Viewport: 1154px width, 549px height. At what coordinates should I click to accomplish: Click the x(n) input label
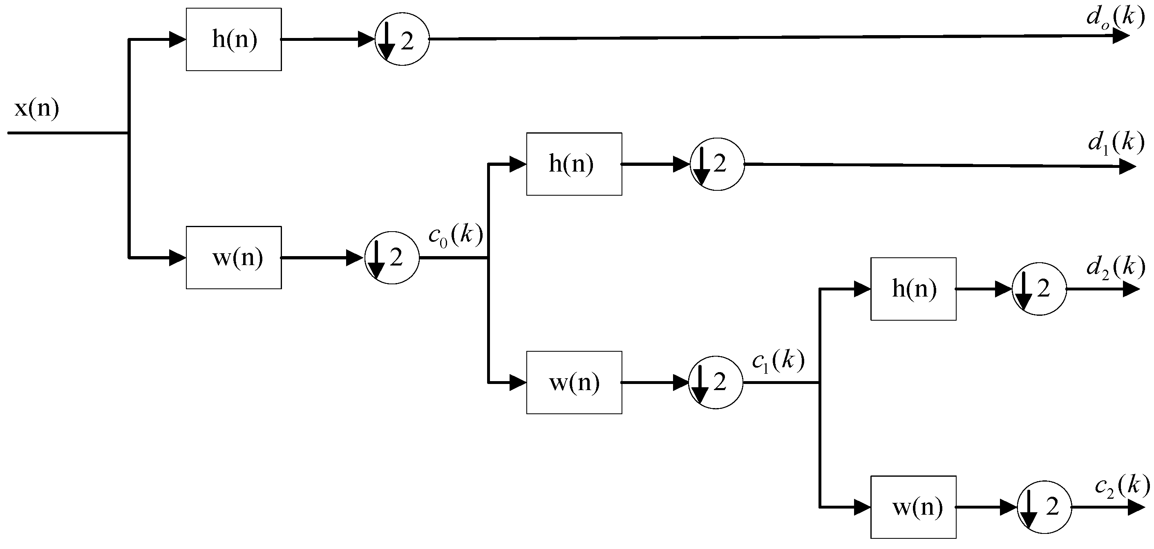click(37, 108)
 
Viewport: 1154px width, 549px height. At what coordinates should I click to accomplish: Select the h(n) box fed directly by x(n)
click(234, 39)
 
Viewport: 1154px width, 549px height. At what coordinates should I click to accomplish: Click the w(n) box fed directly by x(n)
click(234, 258)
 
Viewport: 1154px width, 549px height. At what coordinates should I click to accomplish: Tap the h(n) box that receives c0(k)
click(574, 164)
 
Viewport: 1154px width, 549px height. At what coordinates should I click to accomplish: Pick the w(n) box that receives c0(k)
click(574, 382)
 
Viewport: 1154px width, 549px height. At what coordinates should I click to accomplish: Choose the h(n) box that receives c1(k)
click(913, 289)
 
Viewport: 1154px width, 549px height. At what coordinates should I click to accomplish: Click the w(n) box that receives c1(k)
click(913, 507)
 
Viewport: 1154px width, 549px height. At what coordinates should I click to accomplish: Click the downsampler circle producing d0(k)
click(402, 39)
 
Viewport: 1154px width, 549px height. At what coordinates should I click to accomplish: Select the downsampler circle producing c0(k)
click(392, 257)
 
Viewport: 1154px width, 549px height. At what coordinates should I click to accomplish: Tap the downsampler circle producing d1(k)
click(717, 164)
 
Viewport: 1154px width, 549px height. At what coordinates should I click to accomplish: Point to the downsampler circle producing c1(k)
click(716, 382)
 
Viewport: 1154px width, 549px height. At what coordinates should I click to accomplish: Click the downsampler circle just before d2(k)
click(1039, 289)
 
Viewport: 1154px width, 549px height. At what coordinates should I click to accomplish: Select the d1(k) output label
click(1116, 143)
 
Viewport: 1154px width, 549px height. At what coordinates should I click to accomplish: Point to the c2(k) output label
click(1121, 487)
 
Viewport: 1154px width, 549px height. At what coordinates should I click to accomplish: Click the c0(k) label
click(456, 235)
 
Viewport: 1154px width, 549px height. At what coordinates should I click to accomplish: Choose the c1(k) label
click(778, 361)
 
